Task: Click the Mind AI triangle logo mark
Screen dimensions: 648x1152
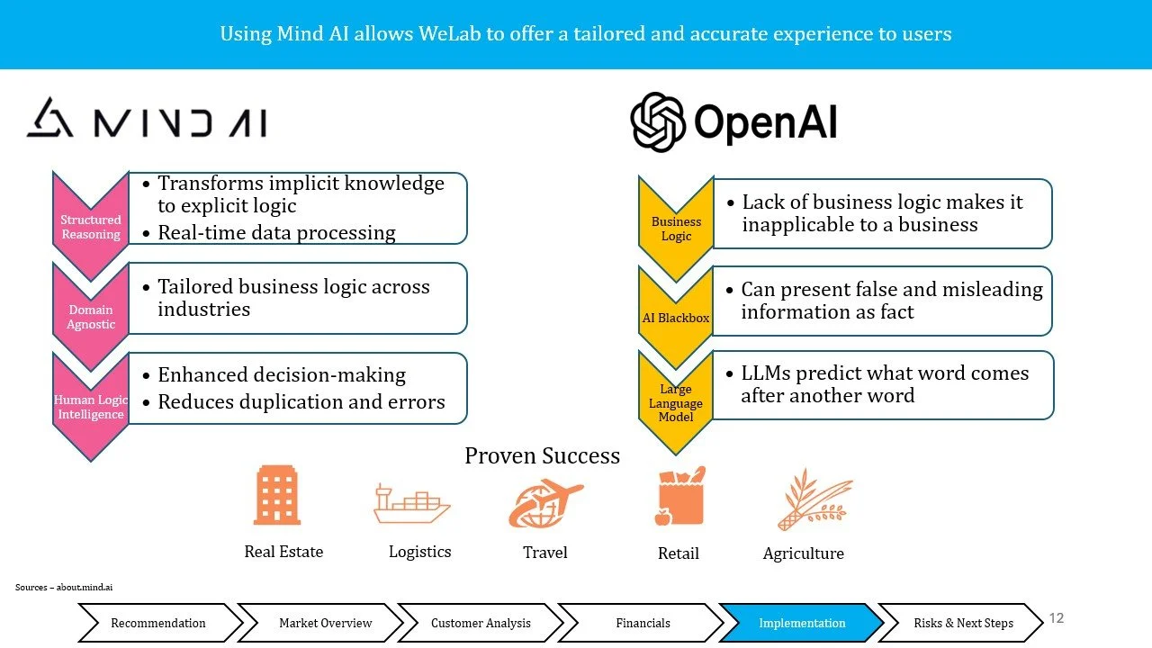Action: [x=49, y=118]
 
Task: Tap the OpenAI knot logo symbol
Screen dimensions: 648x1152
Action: [x=659, y=122]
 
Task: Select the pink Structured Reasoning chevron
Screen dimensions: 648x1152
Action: [x=90, y=225]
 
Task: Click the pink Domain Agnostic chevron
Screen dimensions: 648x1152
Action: [x=90, y=315]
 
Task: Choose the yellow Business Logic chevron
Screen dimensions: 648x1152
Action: [x=676, y=228]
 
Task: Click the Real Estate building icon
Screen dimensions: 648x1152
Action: [x=277, y=495]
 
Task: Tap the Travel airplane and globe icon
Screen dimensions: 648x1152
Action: [x=545, y=503]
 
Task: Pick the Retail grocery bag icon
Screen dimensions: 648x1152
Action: [x=679, y=497]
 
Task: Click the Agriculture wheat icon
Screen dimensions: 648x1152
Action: [x=814, y=500]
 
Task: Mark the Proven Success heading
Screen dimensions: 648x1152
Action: [x=542, y=455]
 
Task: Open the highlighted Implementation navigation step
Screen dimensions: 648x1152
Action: [x=802, y=623]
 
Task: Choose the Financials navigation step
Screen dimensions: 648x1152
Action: [x=643, y=623]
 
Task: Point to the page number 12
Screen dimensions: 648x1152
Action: [x=1057, y=618]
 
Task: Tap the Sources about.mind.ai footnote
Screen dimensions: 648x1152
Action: [x=64, y=588]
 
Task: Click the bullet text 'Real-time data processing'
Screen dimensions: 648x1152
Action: [x=276, y=232]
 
